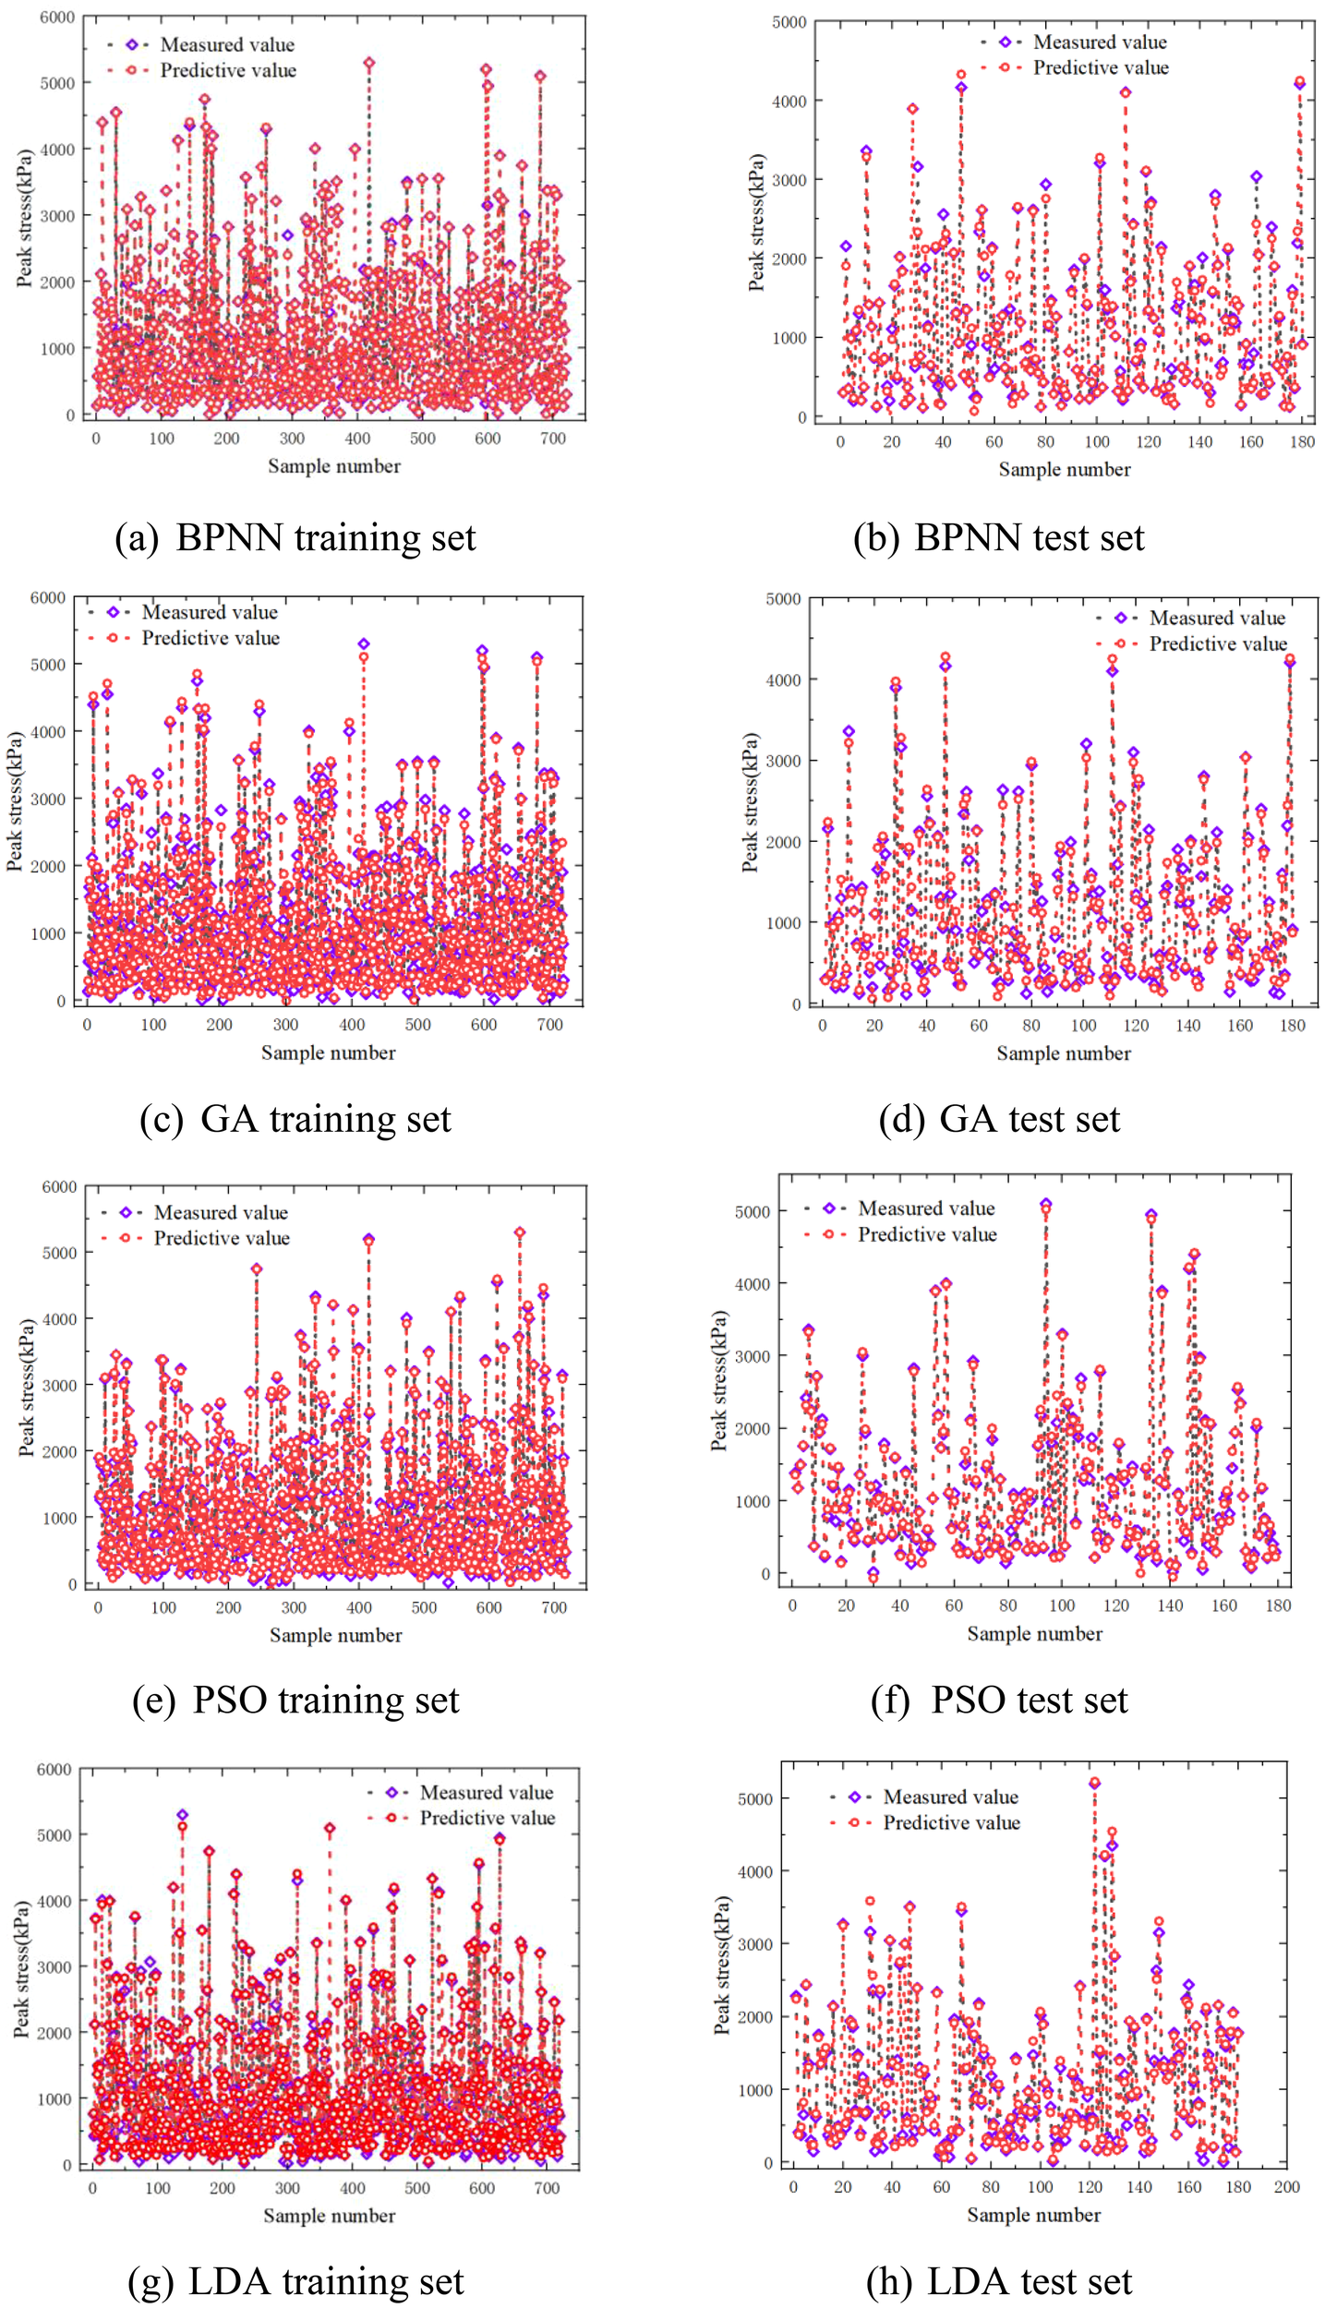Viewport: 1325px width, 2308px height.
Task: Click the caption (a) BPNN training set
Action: click(x=295, y=537)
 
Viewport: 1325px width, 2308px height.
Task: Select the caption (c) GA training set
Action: click(x=295, y=1118)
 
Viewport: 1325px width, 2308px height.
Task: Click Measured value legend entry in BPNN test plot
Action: click(x=1099, y=42)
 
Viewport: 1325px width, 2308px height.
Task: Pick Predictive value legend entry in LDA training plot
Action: click(x=487, y=1817)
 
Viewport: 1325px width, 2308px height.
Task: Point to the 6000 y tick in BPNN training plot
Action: click(x=57, y=18)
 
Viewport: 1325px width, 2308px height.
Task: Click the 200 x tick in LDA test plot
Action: click(x=1285, y=2187)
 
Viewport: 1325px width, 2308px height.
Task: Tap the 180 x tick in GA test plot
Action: click(x=1292, y=1026)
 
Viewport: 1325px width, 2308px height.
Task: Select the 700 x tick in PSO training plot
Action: click(x=554, y=1607)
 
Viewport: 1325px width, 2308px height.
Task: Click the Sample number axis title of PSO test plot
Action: click(x=1034, y=1633)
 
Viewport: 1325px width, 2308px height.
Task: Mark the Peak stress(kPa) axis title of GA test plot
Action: click(x=750, y=801)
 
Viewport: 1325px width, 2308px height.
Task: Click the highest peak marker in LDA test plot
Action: click(x=1094, y=1784)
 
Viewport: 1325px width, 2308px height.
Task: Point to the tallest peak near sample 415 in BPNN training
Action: click(x=369, y=63)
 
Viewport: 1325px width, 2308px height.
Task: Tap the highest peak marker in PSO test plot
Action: click(x=1045, y=1204)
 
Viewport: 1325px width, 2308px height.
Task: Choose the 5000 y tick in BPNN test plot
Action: click(x=789, y=22)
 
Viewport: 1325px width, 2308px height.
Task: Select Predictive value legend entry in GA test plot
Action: click(x=1217, y=643)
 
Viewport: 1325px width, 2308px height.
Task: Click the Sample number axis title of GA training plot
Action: click(x=328, y=1052)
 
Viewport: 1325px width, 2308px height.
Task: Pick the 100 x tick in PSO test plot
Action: click(x=1062, y=1605)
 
